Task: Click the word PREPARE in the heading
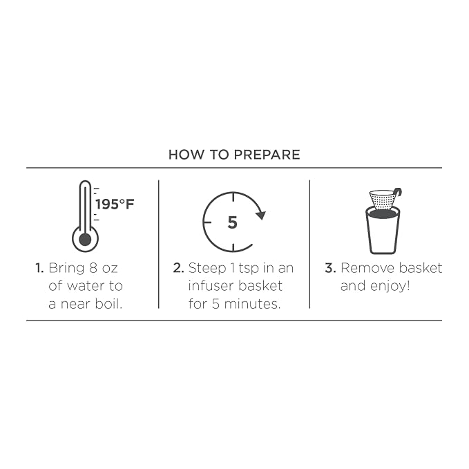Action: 267,155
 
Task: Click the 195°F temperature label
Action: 115,204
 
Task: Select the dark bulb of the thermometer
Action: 85,239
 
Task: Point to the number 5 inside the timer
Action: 232,222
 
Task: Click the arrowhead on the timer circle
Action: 260,215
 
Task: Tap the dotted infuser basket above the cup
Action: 382,200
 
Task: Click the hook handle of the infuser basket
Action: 398,192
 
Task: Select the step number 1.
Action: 39,268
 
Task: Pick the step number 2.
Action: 178,268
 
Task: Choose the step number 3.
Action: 330,268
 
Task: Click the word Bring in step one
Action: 66,269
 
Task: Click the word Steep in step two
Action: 207,269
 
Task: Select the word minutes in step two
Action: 251,304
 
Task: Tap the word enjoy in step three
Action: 389,287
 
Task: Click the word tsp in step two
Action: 249,269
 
